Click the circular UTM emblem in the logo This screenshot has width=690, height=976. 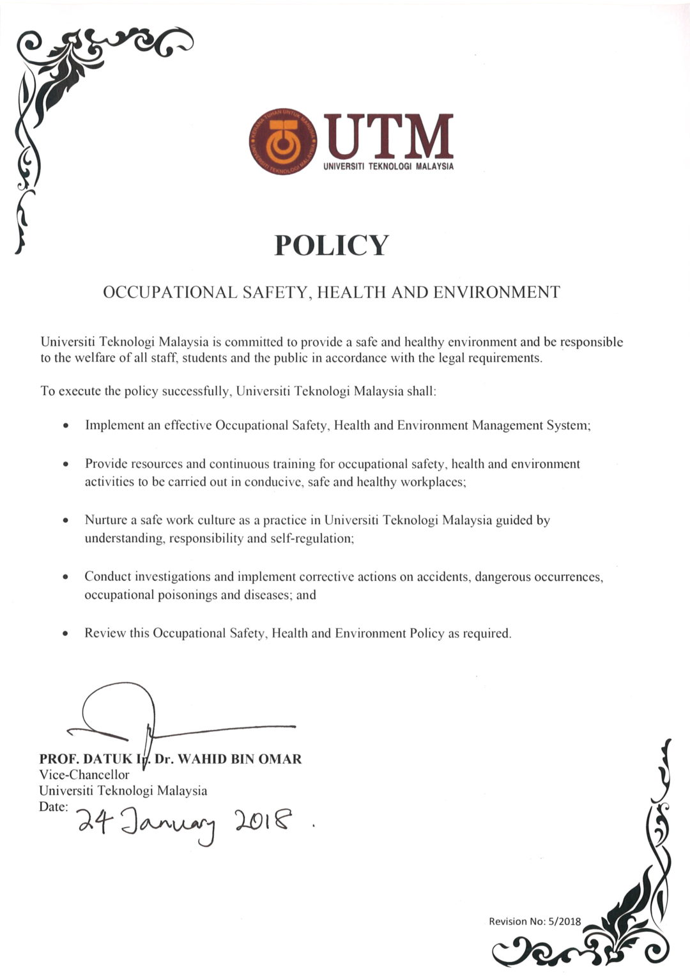[x=283, y=144]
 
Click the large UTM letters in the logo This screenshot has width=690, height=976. [x=389, y=137]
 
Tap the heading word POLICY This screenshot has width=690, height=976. [x=331, y=245]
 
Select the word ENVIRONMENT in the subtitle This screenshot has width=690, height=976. [x=496, y=293]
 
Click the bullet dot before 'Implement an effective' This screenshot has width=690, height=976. [x=66, y=426]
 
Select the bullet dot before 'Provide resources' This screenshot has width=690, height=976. [x=66, y=464]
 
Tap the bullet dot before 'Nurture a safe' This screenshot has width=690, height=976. [x=66, y=521]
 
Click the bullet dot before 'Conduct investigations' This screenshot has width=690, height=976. [x=66, y=577]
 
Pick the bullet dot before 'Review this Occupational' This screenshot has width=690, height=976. [x=66, y=634]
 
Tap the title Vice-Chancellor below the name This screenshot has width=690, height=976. [x=84, y=775]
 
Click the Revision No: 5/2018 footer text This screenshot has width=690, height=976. [x=535, y=921]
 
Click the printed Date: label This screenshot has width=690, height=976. [x=53, y=807]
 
